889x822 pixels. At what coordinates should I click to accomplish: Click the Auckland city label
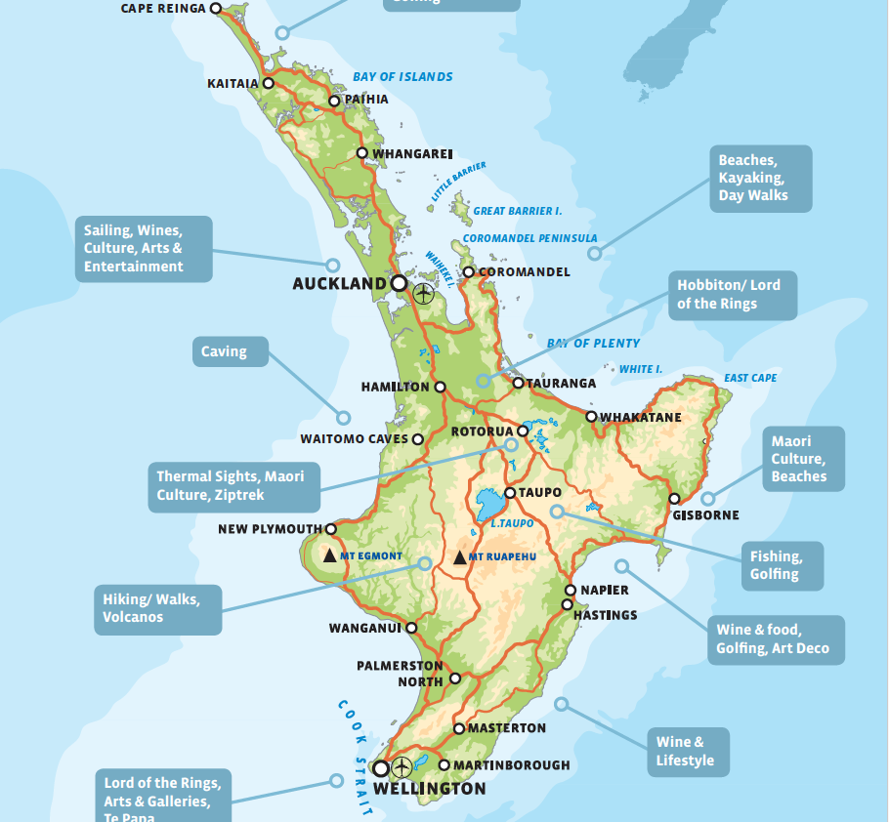click(339, 284)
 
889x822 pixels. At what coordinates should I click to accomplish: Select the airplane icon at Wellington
click(401, 767)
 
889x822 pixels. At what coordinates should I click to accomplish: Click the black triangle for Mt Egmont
click(330, 555)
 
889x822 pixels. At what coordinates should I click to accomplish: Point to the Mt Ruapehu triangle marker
click(460, 557)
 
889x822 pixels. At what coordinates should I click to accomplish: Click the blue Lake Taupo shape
click(487, 506)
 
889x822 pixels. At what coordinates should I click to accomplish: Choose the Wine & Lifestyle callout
click(687, 752)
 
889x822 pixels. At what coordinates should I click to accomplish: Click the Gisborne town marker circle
click(674, 499)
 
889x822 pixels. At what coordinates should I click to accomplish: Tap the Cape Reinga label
click(163, 9)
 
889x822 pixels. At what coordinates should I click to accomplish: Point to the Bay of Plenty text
click(593, 344)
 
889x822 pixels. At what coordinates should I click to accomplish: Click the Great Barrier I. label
click(518, 211)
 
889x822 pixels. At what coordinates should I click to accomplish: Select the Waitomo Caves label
click(354, 439)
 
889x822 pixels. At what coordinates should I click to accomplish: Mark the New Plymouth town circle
click(330, 529)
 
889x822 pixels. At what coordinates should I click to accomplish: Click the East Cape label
click(750, 378)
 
